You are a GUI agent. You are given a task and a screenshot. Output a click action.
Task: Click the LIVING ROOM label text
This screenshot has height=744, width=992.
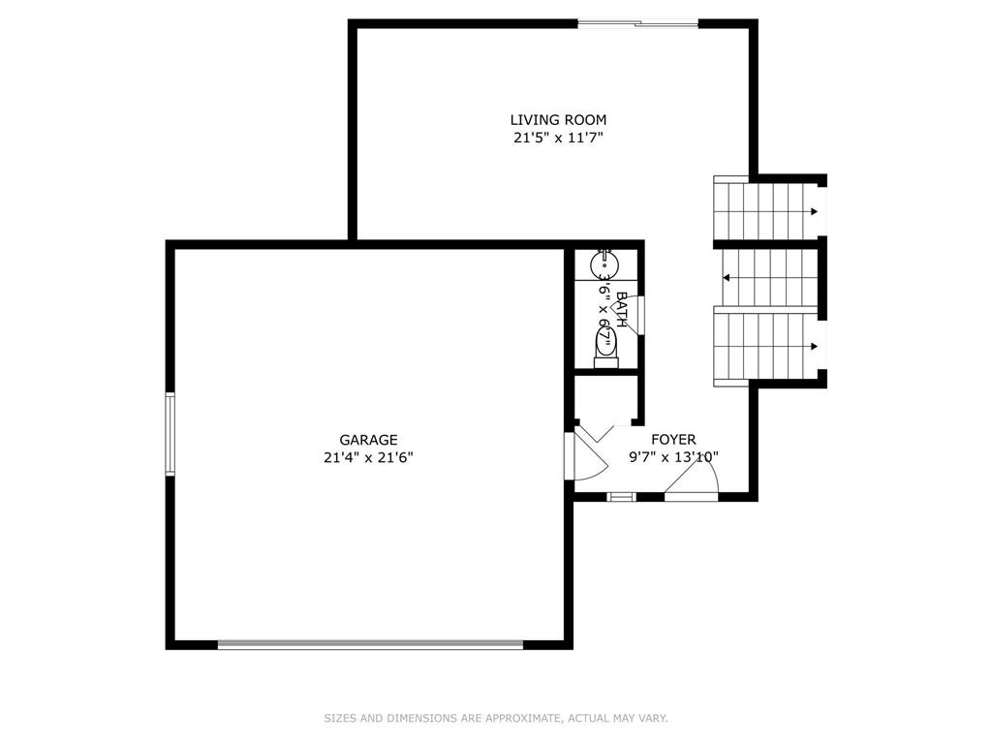(x=558, y=119)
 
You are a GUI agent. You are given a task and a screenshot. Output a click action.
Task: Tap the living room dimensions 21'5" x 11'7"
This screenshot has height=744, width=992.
(x=558, y=138)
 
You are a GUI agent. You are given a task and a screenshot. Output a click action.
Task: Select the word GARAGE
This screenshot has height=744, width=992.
(x=368, y=440)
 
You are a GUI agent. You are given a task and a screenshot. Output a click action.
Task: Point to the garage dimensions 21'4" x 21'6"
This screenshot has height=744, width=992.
(x=368, y=457)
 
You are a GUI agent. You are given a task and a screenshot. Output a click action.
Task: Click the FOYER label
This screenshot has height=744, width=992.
(x=673, y=439)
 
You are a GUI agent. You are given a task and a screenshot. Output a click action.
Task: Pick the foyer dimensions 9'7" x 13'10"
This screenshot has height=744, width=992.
(x=673, y=457)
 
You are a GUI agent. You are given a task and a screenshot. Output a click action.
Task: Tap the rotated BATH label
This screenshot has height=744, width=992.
(x=621, y=309)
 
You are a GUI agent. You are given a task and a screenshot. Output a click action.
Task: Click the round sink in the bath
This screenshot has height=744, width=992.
(x=604, y=265)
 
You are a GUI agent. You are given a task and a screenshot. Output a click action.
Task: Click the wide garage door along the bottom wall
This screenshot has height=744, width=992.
(x=371, y=644)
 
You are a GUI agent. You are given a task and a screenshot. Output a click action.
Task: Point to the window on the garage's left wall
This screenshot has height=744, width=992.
(x=170, y=433)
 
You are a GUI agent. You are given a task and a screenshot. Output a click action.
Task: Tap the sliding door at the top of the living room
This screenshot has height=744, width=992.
(x=637, y=24)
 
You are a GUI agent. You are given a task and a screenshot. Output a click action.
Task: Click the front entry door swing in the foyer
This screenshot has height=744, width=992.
(x=692, y=479)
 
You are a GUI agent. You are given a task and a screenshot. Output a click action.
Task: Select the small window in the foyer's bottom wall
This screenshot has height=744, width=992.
(x=621, y=497)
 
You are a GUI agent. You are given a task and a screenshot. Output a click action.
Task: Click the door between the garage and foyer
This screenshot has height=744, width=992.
(x=586, y=455)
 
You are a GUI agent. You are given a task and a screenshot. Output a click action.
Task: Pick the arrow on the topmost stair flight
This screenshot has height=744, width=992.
(x=814, y=211)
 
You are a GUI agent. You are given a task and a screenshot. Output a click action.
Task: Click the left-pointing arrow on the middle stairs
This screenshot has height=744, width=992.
(x=727, y=278)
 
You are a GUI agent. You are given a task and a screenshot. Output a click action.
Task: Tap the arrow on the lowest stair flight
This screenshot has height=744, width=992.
(x=814, y=346)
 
